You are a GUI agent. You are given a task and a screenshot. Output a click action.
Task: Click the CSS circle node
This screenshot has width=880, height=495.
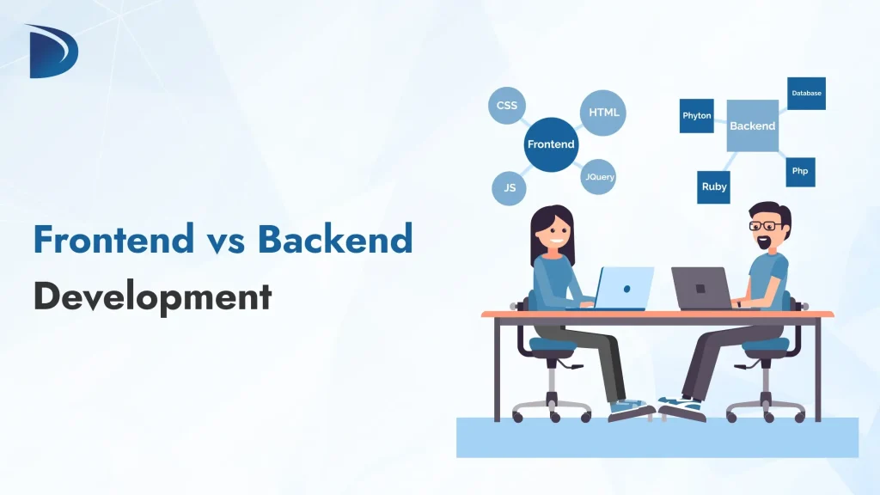tap(507, 106)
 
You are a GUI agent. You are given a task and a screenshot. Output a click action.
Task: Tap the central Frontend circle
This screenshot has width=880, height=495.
tap(551, 144)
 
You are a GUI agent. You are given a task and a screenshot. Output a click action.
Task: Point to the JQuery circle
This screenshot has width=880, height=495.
tap(599, 177)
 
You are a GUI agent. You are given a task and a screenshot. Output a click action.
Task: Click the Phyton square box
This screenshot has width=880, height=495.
tap(696, 116)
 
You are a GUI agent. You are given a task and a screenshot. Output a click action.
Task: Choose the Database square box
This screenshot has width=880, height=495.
tap(806, 94)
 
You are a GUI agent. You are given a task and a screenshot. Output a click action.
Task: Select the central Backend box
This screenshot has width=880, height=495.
tap(752, 125)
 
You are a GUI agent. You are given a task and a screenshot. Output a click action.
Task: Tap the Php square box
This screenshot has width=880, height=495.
tap(800, 171)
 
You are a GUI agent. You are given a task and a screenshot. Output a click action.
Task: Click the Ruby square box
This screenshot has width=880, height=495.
tap(714, 186)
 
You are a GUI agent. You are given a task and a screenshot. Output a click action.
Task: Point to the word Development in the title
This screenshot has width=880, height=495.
tap(152, 296)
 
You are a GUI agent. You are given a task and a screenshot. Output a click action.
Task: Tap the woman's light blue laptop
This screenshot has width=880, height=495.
tap(624, 287)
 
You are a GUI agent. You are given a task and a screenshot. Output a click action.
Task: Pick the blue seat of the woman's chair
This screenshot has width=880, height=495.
tap(551, 345)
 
